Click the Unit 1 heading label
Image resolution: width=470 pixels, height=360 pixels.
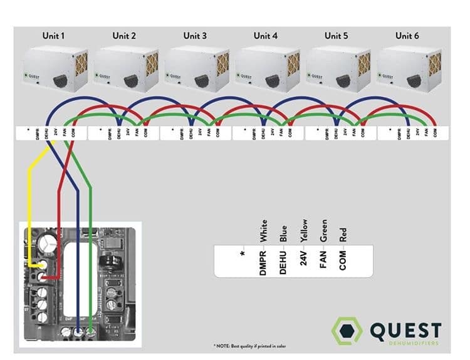[53, 36]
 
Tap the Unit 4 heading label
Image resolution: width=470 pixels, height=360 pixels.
[266, 36]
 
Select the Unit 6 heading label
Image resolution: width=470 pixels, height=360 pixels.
[407, 36]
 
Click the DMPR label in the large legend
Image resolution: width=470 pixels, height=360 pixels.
[264, 261]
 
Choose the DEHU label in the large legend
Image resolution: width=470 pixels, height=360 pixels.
[284, 261]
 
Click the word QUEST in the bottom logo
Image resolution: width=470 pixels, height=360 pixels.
[405, 331]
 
